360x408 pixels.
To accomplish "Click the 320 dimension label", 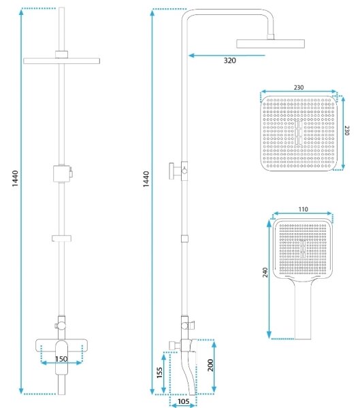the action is tap(230, 61).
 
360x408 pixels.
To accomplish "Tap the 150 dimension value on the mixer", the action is tap(61, 359).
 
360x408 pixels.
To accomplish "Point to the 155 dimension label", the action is tap(159, 373).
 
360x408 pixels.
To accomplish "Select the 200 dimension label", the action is tap(210, 365).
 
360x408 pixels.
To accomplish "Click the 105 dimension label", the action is tap(183, 401).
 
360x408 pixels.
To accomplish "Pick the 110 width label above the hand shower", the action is tap(303, 209).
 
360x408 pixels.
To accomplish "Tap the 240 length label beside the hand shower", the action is tap(265, 272).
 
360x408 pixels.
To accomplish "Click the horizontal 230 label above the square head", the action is tap(299, 88).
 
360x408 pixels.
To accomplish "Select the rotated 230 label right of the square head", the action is tap(346, 131).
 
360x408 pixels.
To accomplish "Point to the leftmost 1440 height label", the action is tap(15, 178).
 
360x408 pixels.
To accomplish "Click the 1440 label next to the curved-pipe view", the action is tap(146, 179).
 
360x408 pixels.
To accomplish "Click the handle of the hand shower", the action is tap(303, 309).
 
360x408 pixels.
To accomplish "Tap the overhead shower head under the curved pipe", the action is tap(270, 44).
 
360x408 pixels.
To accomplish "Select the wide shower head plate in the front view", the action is tap(61, 61).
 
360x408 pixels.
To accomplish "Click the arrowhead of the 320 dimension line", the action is tap(191, 56).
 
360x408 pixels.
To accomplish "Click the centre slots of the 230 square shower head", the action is tap(299, 133).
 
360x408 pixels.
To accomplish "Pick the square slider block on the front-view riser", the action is tap(62, 173).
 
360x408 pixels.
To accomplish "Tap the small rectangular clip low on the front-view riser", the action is tap(61, 239).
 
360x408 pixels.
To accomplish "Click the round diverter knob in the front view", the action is tap(62, 325).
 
